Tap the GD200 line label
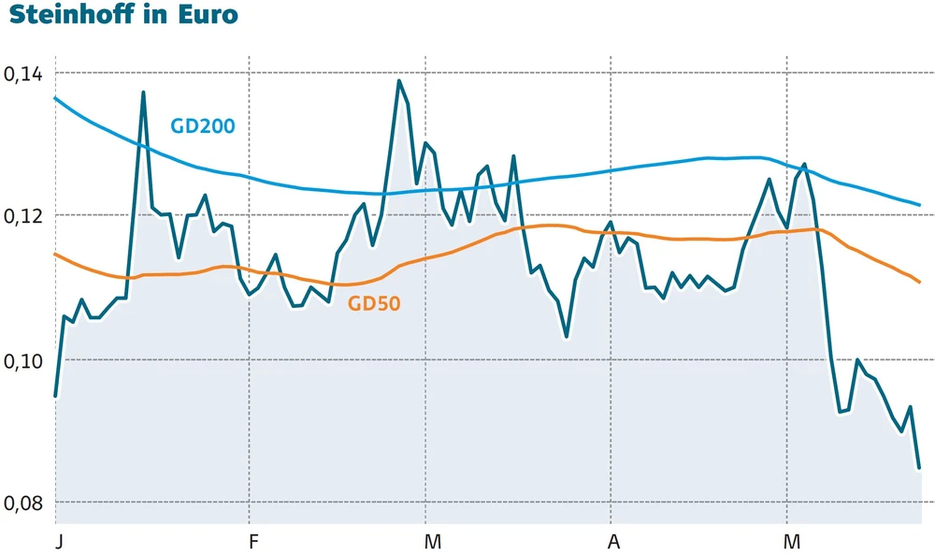[x=202, y=125]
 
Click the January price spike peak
[x=143, y=92]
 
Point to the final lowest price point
[x=919, y=467]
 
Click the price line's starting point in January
[x=55, y=396]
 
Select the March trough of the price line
[x=567, y=336]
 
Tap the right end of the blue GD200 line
[x=919, y=205]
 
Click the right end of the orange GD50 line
[x=919, y=282]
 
